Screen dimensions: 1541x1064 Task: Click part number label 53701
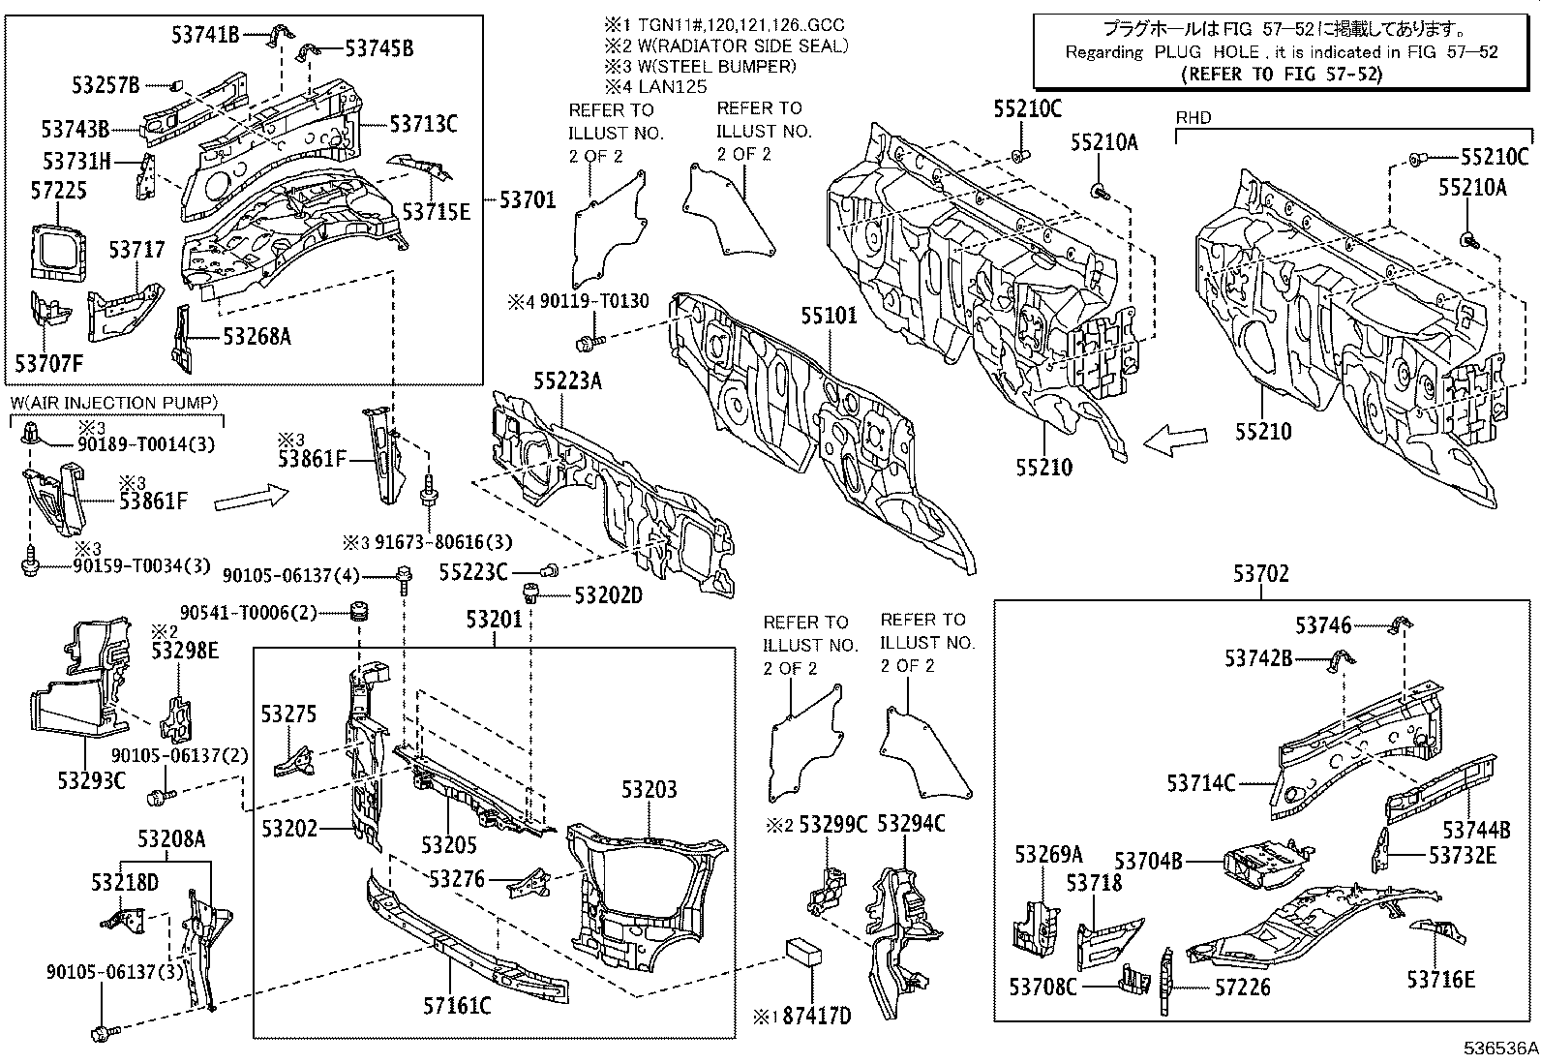[527, 200]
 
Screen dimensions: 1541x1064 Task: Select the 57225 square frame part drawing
[58, 253]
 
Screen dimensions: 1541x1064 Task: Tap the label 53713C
[423, 125]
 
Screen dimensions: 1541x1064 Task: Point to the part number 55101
[829, 316]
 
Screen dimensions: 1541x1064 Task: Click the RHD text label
[1193, 118]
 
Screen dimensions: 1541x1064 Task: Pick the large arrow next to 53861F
[251, 497]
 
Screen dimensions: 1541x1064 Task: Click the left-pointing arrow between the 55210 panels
[1176, 440]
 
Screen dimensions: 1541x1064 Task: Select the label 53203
[649, 789]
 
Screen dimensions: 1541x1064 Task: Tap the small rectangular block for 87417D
[803, 951]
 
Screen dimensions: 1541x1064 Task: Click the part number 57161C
[457, 1006]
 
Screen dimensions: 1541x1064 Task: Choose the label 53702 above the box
[1260, 574]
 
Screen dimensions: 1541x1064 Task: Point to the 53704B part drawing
[1264, 861]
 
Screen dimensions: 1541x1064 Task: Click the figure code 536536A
[1499, 1049]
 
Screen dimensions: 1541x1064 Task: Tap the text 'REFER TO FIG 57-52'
[1281, 75]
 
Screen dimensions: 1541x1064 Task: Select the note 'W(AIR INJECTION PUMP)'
[114, 404]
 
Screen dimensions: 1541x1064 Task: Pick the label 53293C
[92, 781]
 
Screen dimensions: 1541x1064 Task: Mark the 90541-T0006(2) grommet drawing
[358, 611]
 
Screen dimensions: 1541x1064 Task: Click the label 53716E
[1440, 980]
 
